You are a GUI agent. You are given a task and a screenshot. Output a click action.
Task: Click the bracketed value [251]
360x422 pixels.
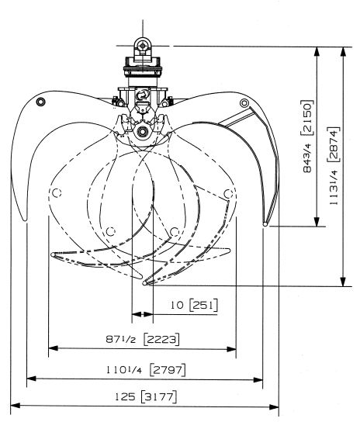point(203,305)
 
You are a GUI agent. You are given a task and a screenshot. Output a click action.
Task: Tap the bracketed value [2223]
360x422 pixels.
point(161,339)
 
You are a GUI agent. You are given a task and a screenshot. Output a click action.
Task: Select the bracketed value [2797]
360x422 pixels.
point(168,370)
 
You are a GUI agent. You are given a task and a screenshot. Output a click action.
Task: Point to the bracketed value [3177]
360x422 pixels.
point(159,397)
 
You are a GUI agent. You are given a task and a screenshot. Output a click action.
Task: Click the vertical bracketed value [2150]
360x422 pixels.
point(306,118)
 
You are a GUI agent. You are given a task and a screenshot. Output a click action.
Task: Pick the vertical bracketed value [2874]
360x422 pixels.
point(334,144)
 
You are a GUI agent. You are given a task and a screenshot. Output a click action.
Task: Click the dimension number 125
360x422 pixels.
point(125,397)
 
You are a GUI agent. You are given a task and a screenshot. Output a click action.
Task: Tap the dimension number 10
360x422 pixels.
point(177,305)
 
